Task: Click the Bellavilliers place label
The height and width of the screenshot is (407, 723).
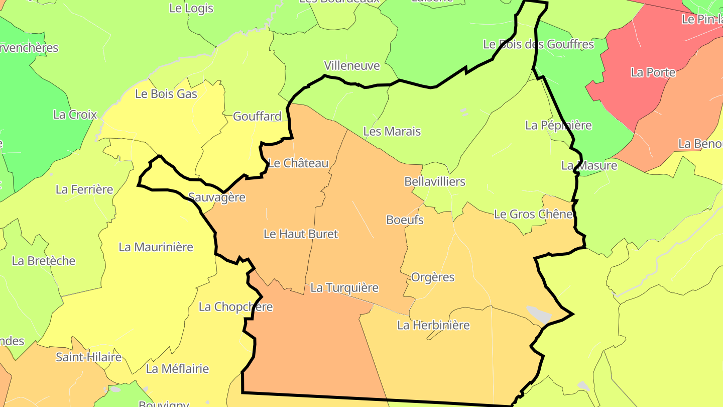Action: (x=435, y=182)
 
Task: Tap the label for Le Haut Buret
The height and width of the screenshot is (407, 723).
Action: (x=301, y=234)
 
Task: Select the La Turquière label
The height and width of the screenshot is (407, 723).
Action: (x=344, y=288)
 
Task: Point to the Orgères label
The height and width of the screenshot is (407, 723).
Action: (x=433, y=277)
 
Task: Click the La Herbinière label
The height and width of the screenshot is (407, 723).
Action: (x=433, y=325)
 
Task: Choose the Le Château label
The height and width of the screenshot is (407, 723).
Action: (x=299, y=163)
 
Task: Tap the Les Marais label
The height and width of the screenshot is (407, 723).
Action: (x=392, y=132)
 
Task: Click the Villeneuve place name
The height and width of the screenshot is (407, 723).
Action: (x=352, y=66)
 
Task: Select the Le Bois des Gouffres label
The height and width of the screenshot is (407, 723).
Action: (x=538, y=44)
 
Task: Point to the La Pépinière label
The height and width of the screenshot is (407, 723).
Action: (x=558, y=125)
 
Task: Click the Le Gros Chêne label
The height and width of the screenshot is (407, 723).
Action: (x=533, y=215)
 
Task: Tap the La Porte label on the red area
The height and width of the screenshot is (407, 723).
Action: (x=653, y=72)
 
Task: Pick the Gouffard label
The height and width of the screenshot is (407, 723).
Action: (x=257, y=117)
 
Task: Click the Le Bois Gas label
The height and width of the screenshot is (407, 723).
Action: (x=166, y=94)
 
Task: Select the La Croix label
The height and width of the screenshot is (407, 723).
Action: (x=75, y=115)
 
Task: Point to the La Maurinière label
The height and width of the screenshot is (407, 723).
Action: (x=156, y=247)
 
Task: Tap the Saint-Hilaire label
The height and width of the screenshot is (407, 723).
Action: (x=88, y=357)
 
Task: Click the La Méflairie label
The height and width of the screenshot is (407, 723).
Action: (x=177, y=369)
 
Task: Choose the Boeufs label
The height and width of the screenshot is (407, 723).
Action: (x=405, y=220)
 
